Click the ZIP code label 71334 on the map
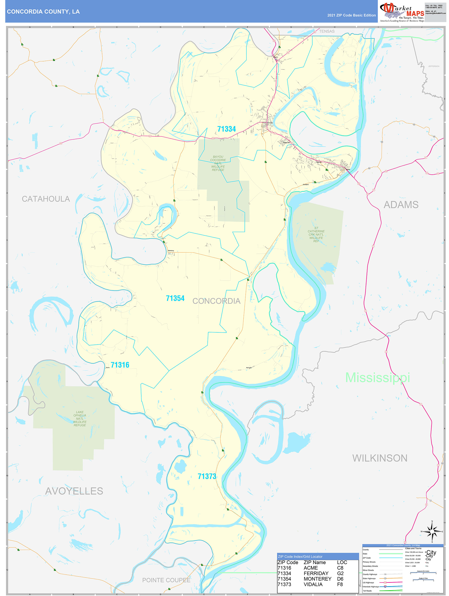pyautogui.click(x=226, y=129)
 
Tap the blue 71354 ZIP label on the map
pyautogui.click(x=175, y=298)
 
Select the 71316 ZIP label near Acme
pyautogui.click(x=120, y=365)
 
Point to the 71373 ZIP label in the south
pyautogui.click(x=207, y=476)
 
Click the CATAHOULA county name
pyautogui.click(x=46, y=199)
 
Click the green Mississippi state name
pyautogui.click(x=377, y=378)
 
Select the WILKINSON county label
pyautogui.click(x=380, y=458)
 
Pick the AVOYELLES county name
pyautogui.click(x=74, y=491)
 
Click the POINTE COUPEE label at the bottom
pyautogui.click(x=166, y=580)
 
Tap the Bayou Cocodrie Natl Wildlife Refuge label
pyautogui.click(x=218, y=163)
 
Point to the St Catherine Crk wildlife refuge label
pyautogui.click(x=316, y=235)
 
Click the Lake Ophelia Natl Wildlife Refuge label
pyautogui.click(x=80, y=418)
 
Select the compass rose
pyautogui.click(x=432, y=532)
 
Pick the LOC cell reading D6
pyautogui.click(x=340, y=579)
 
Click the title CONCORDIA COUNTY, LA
pyautogui.click(x=43, y=12)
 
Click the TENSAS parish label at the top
pyautogui.click(x=327, y=31)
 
